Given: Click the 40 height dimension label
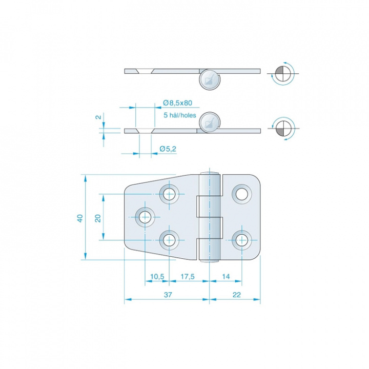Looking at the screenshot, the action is coord(80,218).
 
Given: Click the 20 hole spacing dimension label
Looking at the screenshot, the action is coord(98,218).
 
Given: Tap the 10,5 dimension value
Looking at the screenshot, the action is coord(157,276).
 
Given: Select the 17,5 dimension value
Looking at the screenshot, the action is coord(188,276).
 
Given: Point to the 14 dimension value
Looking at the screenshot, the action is coord(225,276).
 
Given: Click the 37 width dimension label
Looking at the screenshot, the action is coord(168,295).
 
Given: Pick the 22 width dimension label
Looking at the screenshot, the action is coord(236,295).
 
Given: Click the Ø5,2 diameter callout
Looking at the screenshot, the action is coord(168,149).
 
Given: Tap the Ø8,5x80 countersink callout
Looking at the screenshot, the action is coord(177,103).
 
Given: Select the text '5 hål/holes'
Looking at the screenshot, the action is coord(180,115).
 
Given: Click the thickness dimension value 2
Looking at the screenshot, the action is coord(99,117).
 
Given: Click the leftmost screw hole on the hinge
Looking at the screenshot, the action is coord(145,217).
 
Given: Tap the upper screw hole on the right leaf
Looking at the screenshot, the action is coord(242,194).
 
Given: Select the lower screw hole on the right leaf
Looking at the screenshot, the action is coord(242,240).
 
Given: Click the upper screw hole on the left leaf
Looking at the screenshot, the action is coord(169,194).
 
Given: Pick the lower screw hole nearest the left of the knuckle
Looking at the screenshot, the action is coord(169,240).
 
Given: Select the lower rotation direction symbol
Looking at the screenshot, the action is coord(283,129).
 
